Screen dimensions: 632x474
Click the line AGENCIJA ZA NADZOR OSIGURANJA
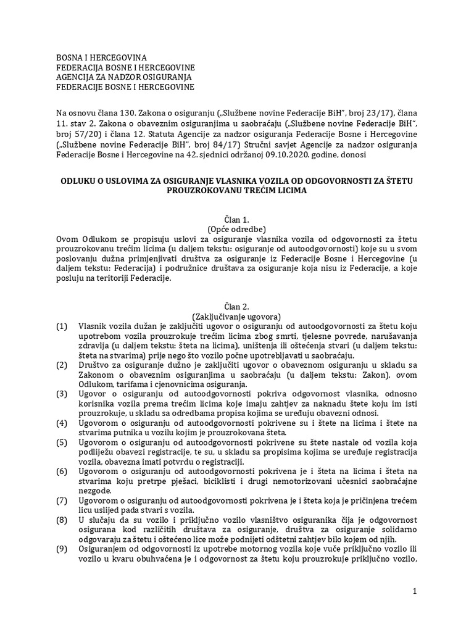(x=124, y=77)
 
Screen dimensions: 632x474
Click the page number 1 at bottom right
(x=415, y=591)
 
